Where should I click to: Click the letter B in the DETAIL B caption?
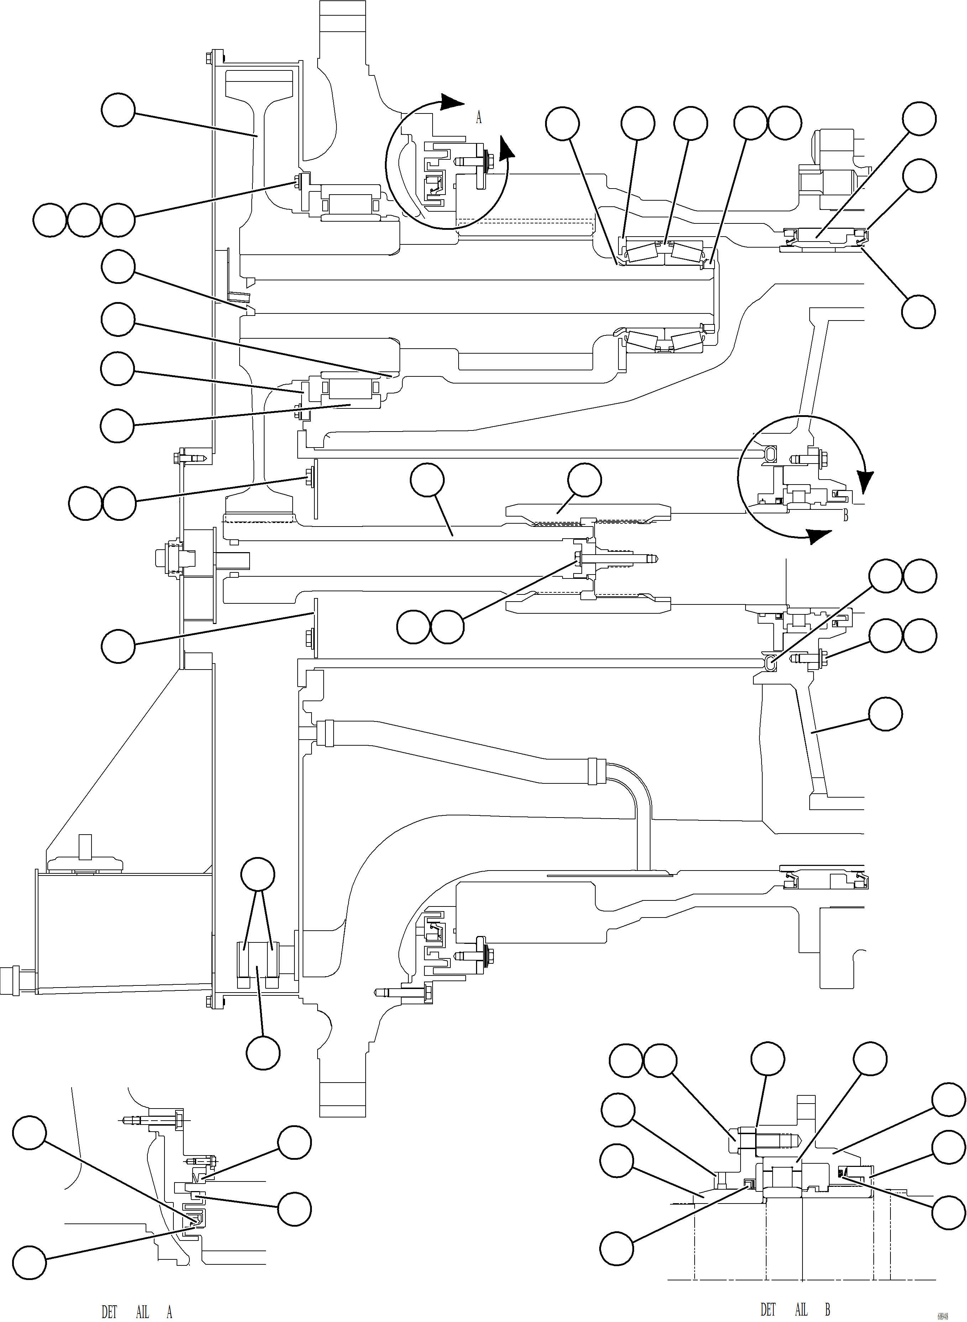coord(827,1293)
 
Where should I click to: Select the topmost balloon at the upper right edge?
coord(919,118)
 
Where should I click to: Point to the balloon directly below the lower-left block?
coord(263,1053)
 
